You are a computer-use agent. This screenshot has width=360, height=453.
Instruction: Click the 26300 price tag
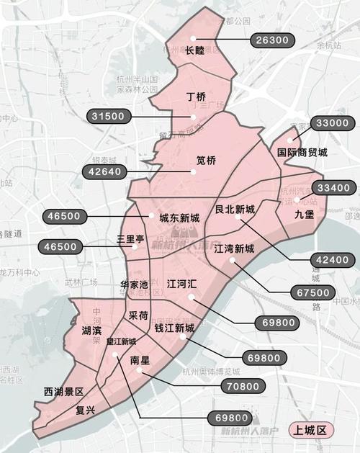[x=271, y=40]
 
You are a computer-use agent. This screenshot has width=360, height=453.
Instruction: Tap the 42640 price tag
[x=104, y=171]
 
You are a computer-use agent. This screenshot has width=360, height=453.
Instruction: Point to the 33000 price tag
[x=332, y=123]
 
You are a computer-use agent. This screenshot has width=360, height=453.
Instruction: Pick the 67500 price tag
[x=314, y=292]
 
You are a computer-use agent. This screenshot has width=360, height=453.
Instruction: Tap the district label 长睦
[x=195, y=50]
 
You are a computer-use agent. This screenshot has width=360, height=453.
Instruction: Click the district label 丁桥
[x=196, y=96]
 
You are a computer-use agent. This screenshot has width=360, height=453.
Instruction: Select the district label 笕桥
[x=207, y=161]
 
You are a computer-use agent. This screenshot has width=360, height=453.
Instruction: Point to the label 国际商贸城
[x=302, y=153]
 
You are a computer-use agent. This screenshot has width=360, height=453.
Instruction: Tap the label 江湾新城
[x=234, y=248]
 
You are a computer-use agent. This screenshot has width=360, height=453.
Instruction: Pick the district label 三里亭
[x=131, y=238]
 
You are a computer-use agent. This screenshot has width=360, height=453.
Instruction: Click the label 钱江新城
[x=174, y=328]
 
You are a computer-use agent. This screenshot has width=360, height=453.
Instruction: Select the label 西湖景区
[x=63, y=392]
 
